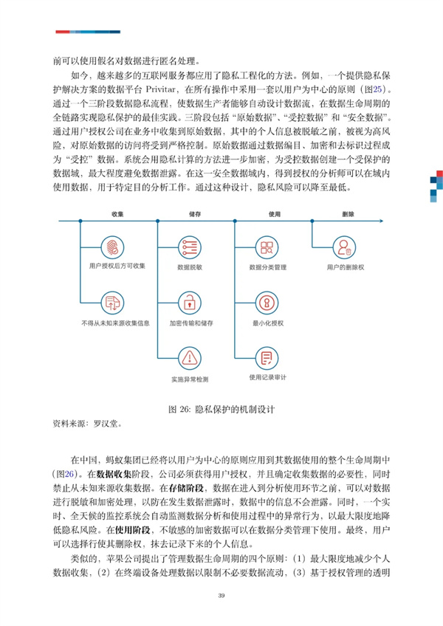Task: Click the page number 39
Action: point(221,596)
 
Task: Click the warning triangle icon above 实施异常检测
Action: point(190,358)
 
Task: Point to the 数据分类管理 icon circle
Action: point(267,246)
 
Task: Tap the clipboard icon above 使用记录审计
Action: point(267,358)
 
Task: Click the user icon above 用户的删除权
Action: point(344,246)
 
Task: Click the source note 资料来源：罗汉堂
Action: point(86,424)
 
